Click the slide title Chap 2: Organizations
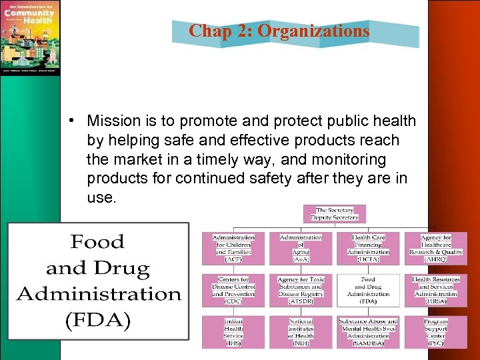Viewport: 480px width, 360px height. click(x=279, y=31)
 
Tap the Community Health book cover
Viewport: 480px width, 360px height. click(x=30, y=37)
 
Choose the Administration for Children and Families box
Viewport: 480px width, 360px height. click(x=233, y=248)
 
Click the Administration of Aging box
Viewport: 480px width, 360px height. click(x=301, y=248)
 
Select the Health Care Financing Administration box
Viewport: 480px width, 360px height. click(x=368, y=248)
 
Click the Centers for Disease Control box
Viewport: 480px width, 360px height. click(x=233, y=290)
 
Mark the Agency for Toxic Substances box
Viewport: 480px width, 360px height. click(x=301, y=290)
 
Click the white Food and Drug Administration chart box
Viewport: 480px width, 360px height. click(x=368, y=290)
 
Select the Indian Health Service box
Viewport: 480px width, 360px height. click(x=233, y=332)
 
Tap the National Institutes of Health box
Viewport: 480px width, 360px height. click(x=301, y=332)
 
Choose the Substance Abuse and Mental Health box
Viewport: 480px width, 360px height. click(x=368, y=332)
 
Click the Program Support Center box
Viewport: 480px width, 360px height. click(x=435, y=332)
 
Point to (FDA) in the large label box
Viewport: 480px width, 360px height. click(x=98, y=321)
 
